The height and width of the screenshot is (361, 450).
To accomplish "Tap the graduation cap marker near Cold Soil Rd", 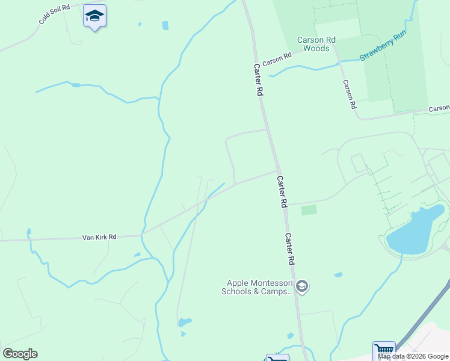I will [94, 16].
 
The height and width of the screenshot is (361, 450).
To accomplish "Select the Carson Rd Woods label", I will [316, 44].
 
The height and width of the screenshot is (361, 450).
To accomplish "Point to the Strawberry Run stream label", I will [383, 48].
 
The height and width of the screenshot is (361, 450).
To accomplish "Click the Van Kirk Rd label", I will [99, 238].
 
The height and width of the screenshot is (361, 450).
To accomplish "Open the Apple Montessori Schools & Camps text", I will [259, 287].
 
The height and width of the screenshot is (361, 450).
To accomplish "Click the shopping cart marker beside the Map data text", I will [383, 350].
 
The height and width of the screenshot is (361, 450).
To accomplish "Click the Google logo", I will [20, 353].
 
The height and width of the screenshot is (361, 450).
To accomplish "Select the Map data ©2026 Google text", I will [413, 356].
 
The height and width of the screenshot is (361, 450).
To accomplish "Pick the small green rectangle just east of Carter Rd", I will [309, 210].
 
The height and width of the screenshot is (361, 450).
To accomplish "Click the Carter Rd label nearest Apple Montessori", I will [290, 249].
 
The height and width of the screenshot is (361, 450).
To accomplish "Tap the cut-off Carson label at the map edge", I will [439, 108].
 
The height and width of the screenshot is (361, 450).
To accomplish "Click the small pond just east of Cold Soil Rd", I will [165, 25].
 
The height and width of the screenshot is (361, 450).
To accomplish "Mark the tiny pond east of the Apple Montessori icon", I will [339, 275].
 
